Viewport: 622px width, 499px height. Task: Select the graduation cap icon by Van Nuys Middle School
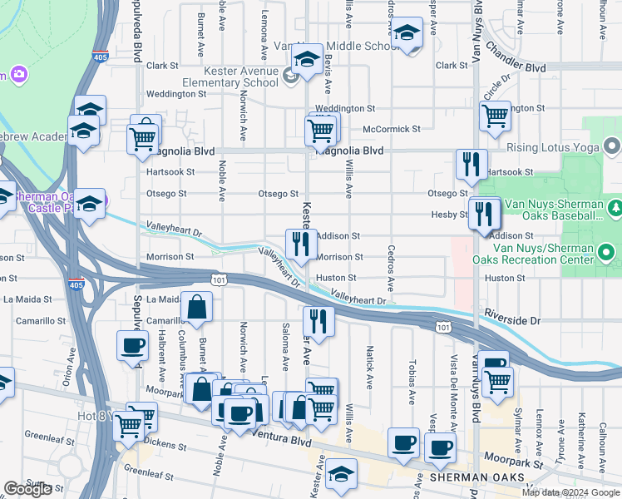tap(407, 34)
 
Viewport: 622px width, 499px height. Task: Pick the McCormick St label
tap(392, 129)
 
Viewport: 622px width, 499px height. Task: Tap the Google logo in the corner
tap(27, 489)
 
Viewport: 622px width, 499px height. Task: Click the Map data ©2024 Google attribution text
tap(570, 492)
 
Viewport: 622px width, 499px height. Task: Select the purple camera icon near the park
tap(17, 76)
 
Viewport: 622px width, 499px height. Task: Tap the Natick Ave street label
tap(368, 360)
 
